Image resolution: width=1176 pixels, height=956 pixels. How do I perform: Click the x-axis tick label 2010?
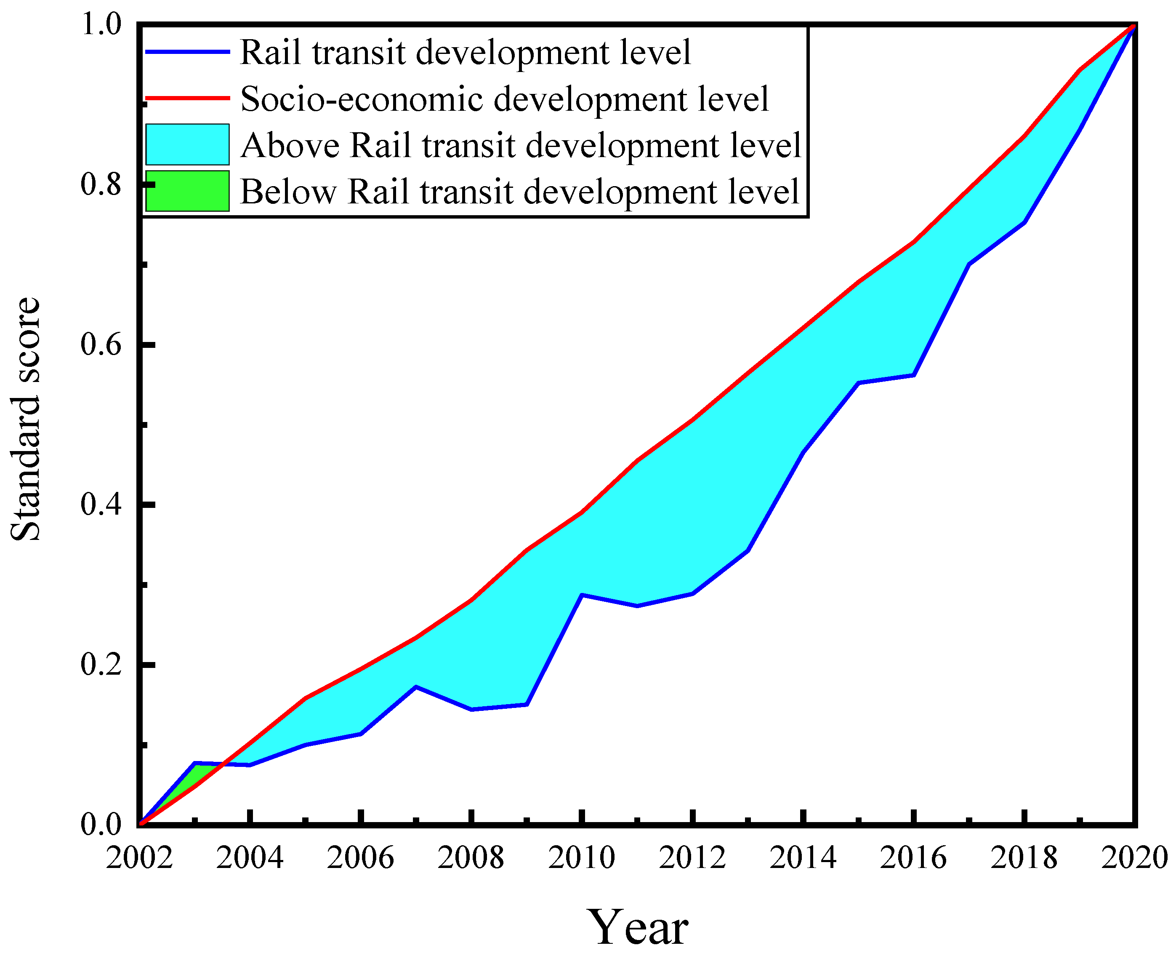tap(581, 858)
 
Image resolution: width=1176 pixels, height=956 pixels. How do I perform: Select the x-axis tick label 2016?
tap(913, 858)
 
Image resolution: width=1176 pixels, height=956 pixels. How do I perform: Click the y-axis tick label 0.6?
tap(101, 345)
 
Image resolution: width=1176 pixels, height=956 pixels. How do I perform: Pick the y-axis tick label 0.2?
tap(101, 665)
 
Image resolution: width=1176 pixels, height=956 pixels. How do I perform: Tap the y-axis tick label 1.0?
tap(101, 25)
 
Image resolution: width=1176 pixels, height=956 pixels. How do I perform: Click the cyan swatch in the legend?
tap(187, 144)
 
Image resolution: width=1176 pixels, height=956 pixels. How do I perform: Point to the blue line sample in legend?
tap(187, 52)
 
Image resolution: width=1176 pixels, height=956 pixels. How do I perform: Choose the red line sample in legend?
tap(187, 98)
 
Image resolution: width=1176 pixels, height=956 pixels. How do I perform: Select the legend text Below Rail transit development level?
tap(519, 192)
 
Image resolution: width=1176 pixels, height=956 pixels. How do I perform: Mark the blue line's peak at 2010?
tap(582, 595)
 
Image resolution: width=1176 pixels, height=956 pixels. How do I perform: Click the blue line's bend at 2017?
tap(968, 264)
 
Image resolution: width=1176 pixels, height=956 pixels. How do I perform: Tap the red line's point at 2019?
tap(1080, 70)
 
